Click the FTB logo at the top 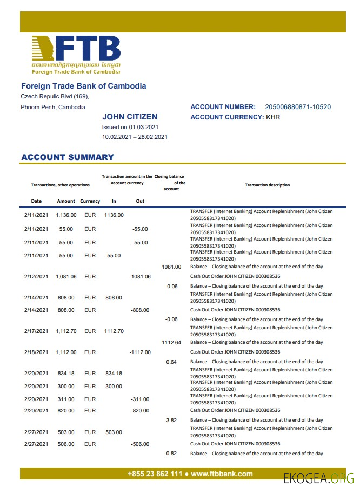coord(76,55)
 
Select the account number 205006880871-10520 coord(298,107)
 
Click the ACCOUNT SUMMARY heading coord(68,157)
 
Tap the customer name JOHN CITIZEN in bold coord(130,117)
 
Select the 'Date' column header coord(36,201)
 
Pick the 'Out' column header coord(140,201)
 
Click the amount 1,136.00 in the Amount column coord(66,215)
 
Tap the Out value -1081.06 coord(140,276)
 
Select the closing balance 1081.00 coord(171,267)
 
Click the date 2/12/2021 coord(36,276)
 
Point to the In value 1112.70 coord(114,331)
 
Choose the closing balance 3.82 coord(171,420)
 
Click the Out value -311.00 coord(140,399)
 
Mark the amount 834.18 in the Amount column coord(66,373)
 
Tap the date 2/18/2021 coord(36,352)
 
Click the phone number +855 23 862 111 coord(155,474)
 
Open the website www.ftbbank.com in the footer coord(222,474)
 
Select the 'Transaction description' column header coord(267,185)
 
